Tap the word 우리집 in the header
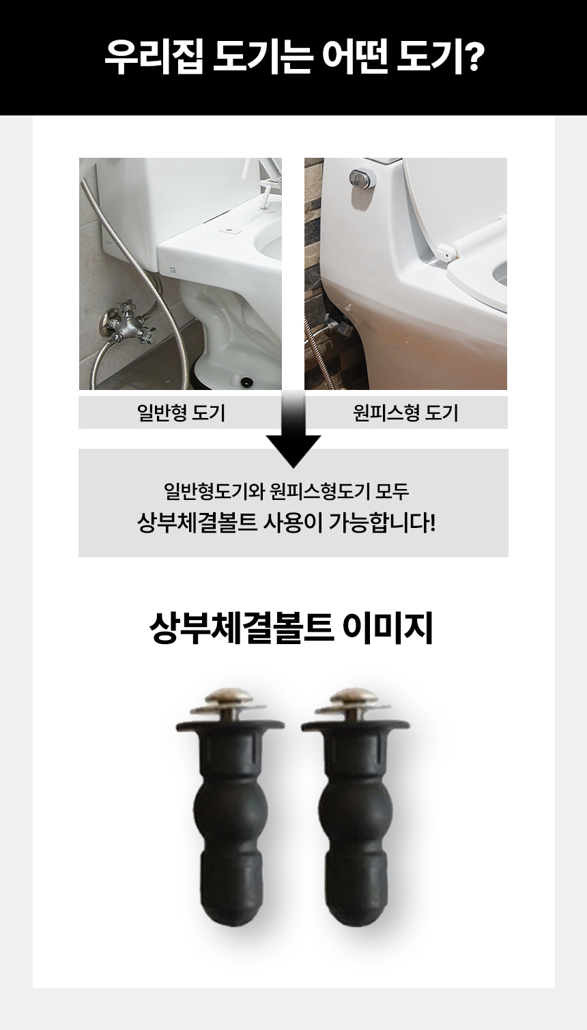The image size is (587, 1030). (154, 57)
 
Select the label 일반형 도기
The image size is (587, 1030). (181, 413)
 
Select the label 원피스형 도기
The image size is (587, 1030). (406, 413)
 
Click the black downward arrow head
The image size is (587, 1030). (293, 451)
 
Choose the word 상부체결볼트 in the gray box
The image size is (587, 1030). (197, 523)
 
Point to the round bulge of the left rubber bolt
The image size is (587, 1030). (230, 811)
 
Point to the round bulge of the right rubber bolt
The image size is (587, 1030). (354, 811)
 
